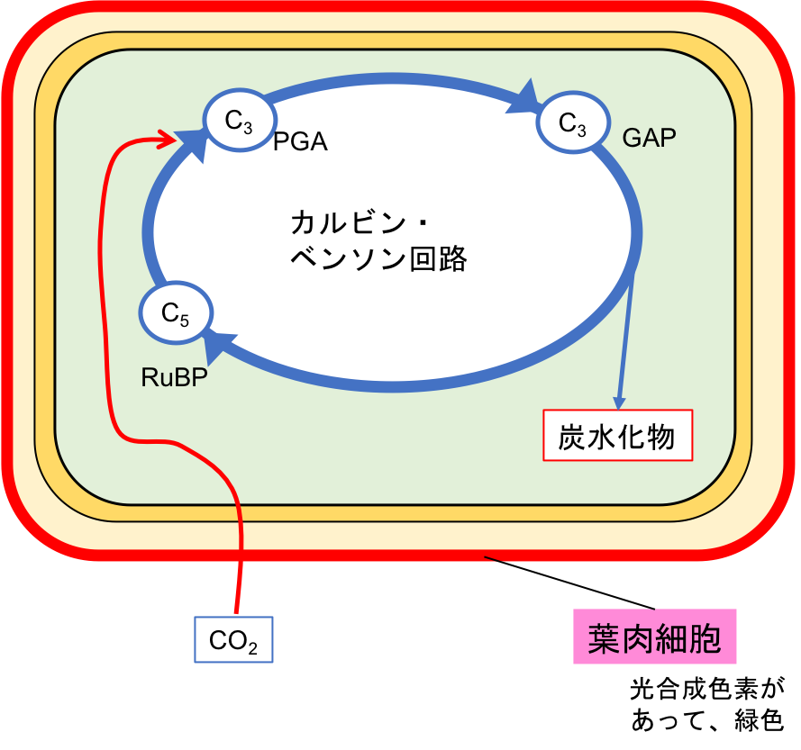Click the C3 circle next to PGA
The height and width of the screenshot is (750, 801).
[239, 120]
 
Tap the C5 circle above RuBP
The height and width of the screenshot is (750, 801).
[176, 313]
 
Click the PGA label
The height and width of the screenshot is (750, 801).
[300, 142]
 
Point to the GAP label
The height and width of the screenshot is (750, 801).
[649, 138]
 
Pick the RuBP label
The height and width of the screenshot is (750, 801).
[174, 377]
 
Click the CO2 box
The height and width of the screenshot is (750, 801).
[234, 641]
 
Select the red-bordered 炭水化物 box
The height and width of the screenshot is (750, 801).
[617, 436]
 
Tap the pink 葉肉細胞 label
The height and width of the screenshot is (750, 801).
[654, 637]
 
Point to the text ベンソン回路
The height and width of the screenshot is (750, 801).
[378, 259]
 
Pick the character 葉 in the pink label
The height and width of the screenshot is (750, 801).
[603, 637]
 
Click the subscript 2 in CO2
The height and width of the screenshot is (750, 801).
[254, 648]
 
